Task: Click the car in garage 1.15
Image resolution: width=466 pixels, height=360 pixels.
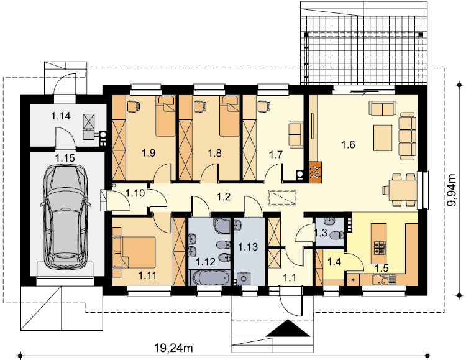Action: pyautogui.click(x=65, y=215)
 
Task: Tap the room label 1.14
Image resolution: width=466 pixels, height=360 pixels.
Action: pyautogui.click(x=61, y=116)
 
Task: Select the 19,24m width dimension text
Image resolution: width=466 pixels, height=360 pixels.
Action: pyautogui.click(x=173, y=347)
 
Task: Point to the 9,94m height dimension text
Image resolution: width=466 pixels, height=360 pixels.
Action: pyautogui.click(x=452, y=190)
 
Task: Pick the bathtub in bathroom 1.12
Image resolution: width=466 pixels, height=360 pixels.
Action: pyautogui.click(x=210, y=277)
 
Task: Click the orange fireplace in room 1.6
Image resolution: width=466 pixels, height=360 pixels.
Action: pyautogui.click(x=315, y=172)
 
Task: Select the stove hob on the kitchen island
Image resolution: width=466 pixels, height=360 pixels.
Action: pyautogui.click(x=380, y=247)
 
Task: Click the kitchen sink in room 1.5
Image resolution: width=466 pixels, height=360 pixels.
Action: pyautogui.click(x=380, y=280)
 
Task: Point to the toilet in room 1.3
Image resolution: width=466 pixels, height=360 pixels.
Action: pyautogui.click(x=337, y=235)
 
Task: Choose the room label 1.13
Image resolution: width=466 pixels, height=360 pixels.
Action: pyautogui.click(x=248, y=247)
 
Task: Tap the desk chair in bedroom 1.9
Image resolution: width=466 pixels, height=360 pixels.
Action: pyautogui.click(x=134, y=104)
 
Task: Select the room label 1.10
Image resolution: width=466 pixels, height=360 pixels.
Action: pyautogui.click(x=135, y=193)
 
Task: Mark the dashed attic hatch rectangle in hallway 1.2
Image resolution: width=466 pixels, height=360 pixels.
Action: pyautogui.click(x=282, y=198)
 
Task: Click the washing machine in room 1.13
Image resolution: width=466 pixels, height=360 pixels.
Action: pyautogui.click(x=243, y=279)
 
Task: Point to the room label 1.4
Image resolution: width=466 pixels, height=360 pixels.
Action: pyautogui.click(x=334, y=262)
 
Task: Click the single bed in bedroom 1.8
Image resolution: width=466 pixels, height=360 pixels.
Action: pyautogui.click(x=229, y=116)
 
